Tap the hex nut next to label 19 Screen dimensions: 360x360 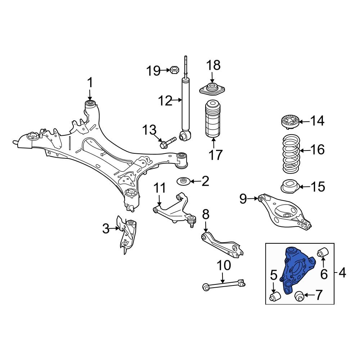[174, 70]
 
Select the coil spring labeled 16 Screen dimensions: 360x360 [291, 153]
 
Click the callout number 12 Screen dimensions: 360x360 [166, 101]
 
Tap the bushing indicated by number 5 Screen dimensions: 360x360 [275, 297]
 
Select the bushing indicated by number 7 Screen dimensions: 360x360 [299, 296]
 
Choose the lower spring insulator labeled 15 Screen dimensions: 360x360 [289, 187]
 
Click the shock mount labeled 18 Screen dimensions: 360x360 [212, 89]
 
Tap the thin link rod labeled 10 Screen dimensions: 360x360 [223, 285]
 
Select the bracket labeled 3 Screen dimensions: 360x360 [127, 234]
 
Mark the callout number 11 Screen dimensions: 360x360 [160, 188]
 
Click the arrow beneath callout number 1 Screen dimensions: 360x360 [90, 95]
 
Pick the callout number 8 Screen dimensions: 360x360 [205, 215]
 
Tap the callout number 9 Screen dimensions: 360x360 [244, 198]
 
